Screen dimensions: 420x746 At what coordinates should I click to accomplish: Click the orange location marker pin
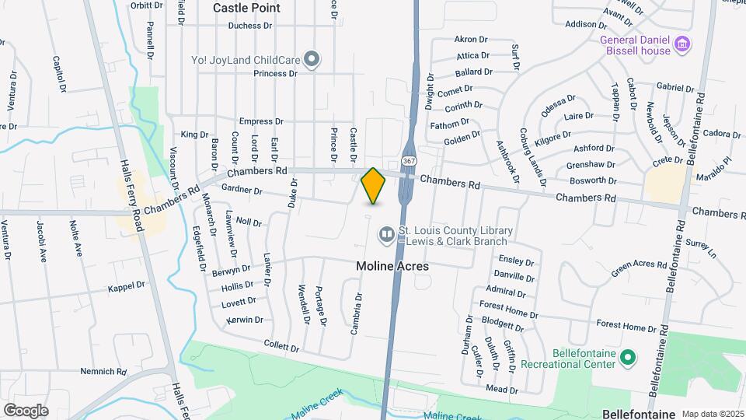coord(374,185)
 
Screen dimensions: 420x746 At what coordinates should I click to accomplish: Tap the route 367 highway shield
coord(409,159)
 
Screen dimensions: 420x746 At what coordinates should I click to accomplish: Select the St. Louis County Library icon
coord(386,233)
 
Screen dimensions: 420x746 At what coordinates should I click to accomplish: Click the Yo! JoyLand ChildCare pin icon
coord(312,59)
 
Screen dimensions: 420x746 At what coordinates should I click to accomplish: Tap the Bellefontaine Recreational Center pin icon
coord(629,359)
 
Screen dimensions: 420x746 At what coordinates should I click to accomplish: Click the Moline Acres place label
coord(392,266)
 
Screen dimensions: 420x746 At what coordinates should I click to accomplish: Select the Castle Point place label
coord(246,8)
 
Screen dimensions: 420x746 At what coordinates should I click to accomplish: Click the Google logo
coord(26,410)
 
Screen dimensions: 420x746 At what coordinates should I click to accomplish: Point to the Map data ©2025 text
coord(711,414)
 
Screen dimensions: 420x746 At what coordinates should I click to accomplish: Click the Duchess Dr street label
coord(250,26)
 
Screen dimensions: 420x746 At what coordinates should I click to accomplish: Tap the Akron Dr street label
coord(470,39)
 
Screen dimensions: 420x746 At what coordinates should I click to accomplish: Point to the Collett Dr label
coord(281,348)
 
